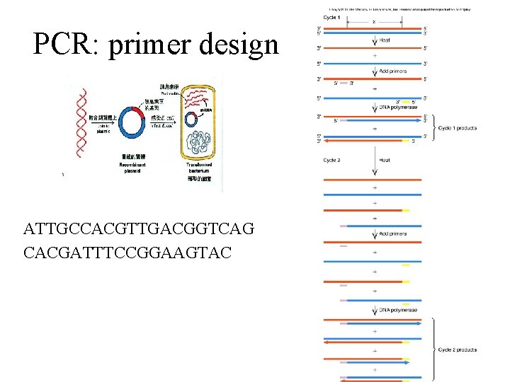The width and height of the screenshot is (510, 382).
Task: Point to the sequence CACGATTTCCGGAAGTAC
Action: pos(127,251)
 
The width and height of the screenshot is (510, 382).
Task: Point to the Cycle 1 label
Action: pos(331,17)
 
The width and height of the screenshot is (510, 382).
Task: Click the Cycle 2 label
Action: pos(331,161)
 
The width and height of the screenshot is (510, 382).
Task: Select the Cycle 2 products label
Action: pos(457,349)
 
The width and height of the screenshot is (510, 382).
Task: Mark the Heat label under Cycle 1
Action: pos(385,40)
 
